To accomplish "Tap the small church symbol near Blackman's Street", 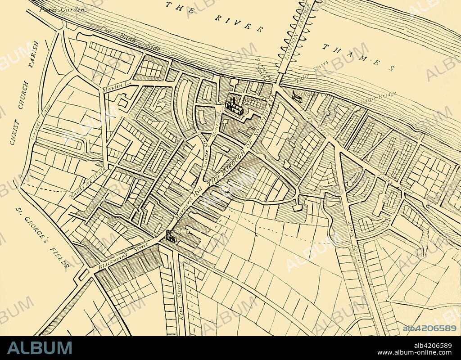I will [x=171, y=236].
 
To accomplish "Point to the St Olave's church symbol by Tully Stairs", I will [x=297, y=95].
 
